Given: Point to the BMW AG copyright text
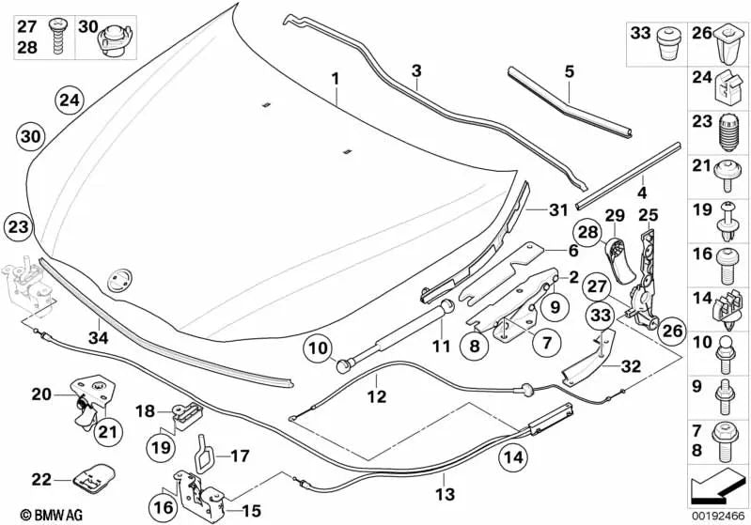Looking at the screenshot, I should (34, 514).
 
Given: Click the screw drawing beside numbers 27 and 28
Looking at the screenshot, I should (55, 34).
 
